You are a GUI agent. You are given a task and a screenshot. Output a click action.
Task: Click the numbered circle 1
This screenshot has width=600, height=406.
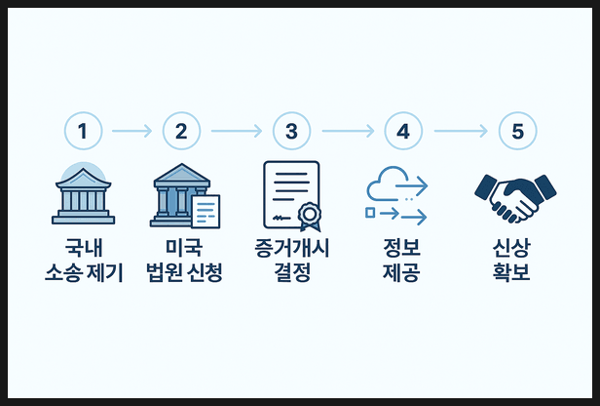[x=83, y=130]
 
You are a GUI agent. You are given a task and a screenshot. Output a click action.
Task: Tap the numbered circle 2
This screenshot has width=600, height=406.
[x=180, y=130]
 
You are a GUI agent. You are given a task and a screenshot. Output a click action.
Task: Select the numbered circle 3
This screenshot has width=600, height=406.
[x=290, y=130]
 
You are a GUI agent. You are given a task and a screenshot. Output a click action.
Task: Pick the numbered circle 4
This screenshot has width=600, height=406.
[x=403, y=130]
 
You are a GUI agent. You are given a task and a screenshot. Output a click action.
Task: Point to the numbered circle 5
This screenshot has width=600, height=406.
[x=517, y=130]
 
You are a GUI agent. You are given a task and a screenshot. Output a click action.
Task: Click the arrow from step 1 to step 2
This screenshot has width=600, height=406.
[x=131, y=130]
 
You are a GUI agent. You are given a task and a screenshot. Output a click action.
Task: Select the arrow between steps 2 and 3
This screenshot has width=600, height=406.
[x=236, y=130]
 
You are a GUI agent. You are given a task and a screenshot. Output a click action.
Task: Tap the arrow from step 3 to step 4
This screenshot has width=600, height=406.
[x=347, y=130]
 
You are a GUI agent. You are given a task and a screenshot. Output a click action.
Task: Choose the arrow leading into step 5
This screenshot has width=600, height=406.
[x=461, y=130]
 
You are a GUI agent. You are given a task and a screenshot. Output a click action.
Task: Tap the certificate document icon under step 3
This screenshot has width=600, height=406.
[x=292, y=195]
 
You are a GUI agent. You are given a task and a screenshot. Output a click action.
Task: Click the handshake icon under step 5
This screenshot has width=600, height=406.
[x=514, y=196]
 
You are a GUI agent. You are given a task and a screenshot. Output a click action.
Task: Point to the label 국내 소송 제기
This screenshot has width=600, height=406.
[x=84, y=261]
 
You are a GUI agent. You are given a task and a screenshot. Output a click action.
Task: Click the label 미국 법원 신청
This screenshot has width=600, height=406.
[x=184, y=261]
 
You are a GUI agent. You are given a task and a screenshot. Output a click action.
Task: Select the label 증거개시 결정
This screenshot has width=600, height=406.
[x=292, y=261]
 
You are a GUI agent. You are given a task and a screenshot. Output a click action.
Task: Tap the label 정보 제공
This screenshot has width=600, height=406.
[x=401, y=261]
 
